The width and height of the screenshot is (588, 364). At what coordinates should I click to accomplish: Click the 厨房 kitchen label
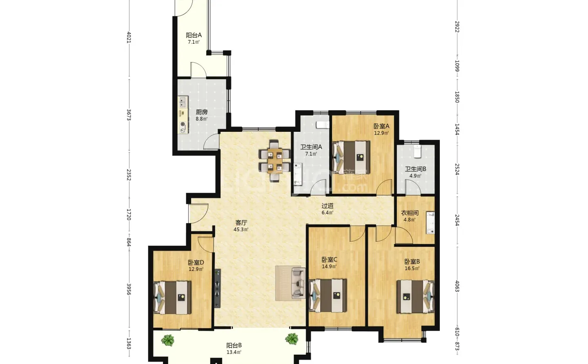202,112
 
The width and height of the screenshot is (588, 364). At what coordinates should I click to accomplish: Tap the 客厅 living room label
241,223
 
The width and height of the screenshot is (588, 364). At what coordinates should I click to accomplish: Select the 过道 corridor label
327,206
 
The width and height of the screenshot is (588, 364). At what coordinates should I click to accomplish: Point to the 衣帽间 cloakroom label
410,213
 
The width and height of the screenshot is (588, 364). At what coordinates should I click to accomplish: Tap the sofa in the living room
298,283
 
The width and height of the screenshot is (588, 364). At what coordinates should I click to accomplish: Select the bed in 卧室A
351,158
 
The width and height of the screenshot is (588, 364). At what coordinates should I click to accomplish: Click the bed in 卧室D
172,297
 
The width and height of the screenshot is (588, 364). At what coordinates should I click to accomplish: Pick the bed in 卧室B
415,297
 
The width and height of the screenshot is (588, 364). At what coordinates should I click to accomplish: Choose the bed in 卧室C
328,295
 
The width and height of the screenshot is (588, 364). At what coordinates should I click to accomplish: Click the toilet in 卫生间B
417,151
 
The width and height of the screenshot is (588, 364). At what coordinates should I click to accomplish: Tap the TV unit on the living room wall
217,288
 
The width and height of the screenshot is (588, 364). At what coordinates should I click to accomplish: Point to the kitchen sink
183,102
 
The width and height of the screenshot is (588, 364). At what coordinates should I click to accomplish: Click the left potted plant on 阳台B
168,340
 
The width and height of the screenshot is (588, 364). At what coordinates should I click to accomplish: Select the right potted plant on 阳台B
292,339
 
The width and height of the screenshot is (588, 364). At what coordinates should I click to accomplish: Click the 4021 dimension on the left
129,37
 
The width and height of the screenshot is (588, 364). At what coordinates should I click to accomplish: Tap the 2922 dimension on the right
457,27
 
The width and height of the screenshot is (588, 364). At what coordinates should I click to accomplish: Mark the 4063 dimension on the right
457,286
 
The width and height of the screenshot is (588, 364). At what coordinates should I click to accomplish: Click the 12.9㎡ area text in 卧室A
381,133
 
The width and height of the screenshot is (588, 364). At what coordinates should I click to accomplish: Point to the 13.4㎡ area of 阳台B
234,352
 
